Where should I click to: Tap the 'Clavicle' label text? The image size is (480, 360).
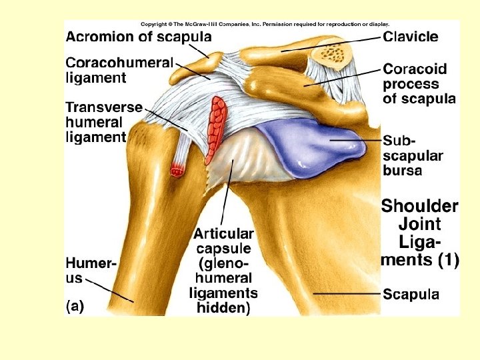click(x=411, y=36)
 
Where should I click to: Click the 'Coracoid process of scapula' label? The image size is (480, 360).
click(x=419, y=84)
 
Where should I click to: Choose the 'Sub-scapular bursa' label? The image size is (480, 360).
click(x=413, y=155)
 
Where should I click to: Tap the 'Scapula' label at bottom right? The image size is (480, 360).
click(x=411, y=294)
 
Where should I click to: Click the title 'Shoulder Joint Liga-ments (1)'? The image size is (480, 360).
click(x=419, y=233)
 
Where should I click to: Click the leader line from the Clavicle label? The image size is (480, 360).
click(x=333, y=43)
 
